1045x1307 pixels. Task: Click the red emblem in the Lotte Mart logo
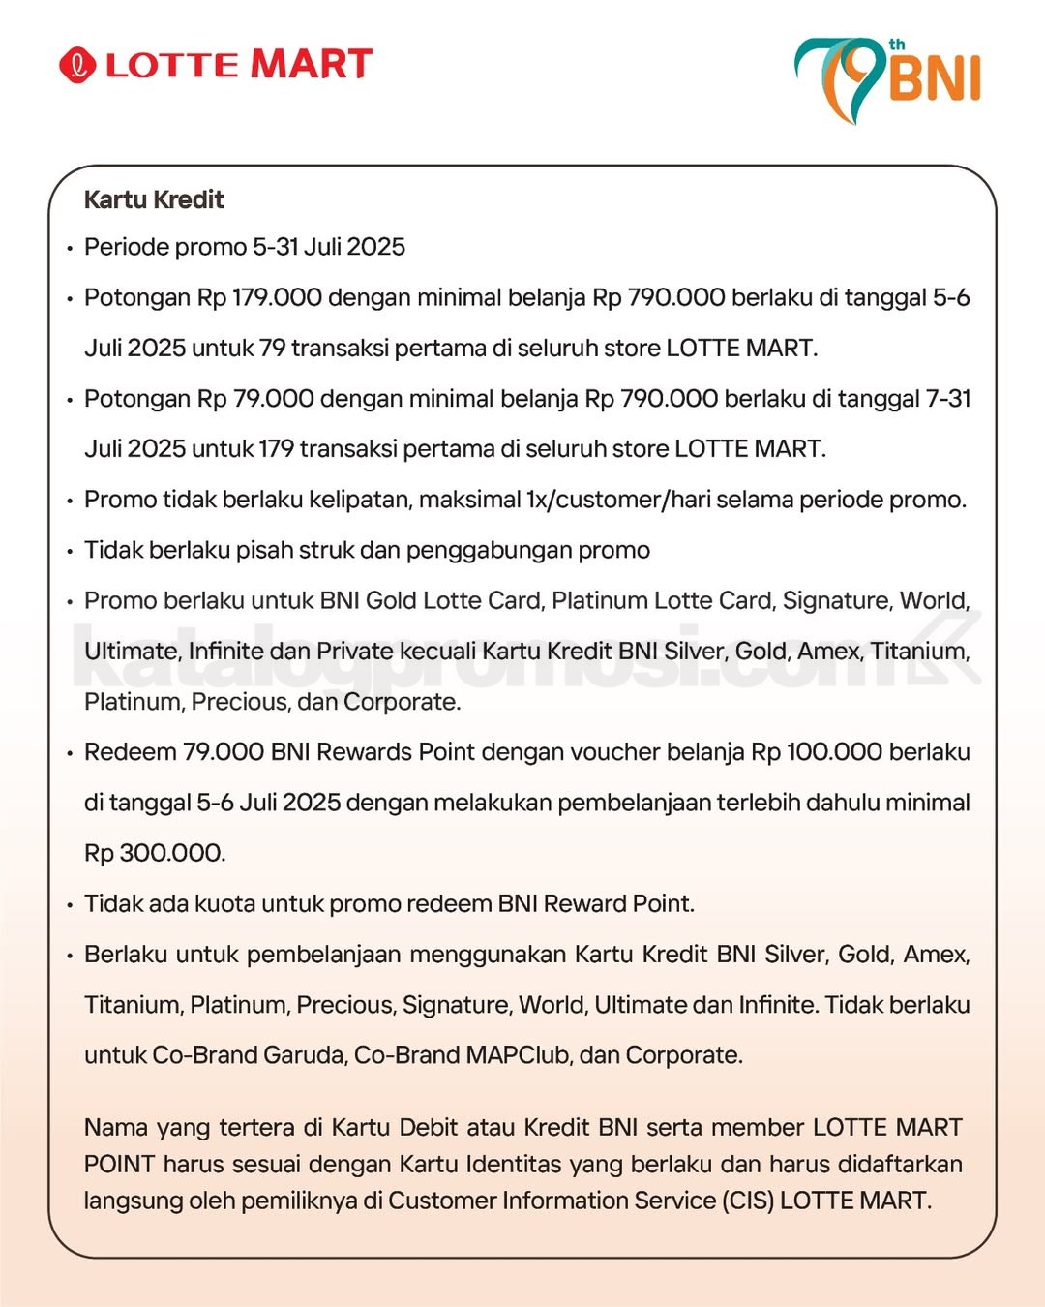tap(77, 65)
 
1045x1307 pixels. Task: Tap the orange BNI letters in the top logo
tap(935, 78)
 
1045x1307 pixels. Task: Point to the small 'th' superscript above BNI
tap(897, 45)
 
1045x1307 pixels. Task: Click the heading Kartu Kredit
tap(154, 199)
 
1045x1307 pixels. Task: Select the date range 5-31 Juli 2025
tap(329, 247)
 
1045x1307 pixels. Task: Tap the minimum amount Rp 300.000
tap(154, 853)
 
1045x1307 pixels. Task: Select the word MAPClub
tap(518, 1054)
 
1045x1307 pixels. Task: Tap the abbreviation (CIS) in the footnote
tap(747, 1201)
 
